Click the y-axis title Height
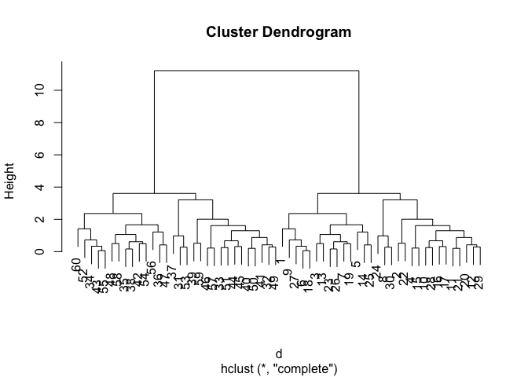click(11, 181)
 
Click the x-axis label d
click(278, 354)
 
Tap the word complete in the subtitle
click(310, 368)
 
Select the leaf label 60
click(77, 265)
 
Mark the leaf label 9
click(288, 274)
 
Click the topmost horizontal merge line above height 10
click(256, 71)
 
